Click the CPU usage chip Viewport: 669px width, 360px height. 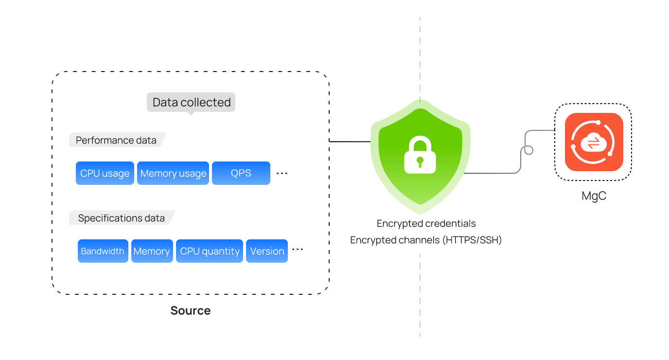click(x=105, y=173)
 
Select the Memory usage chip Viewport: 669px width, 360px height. click(x=173, y=173)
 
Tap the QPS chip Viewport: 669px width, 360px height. click(x=241, y=173)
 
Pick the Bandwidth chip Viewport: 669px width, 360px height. click(x=103, y=251)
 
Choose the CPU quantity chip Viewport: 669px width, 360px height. click(x=210, y=251)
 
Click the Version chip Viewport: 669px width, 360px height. click(x=267, y=251)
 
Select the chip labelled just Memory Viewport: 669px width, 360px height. click(x=152, y=251)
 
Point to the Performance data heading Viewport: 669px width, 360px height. click(x=116, y=141)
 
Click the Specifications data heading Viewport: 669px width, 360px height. click(x=122, y=218)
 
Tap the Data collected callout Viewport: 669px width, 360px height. click(x=191, y=102)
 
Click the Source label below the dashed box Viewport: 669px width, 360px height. click(x=191, y=310)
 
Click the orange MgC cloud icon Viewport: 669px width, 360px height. click(x=594, y=142)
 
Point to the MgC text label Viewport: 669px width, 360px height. click(x=594, y=196)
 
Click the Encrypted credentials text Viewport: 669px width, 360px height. click(x=426, y=224)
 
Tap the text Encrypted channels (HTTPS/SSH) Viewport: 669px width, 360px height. click(x=426, y=240)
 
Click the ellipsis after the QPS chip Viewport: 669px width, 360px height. click(x=282, y=173)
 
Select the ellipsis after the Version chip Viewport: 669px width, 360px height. click(x=298, y=250)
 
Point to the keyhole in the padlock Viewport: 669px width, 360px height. click(x=420, y=161)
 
